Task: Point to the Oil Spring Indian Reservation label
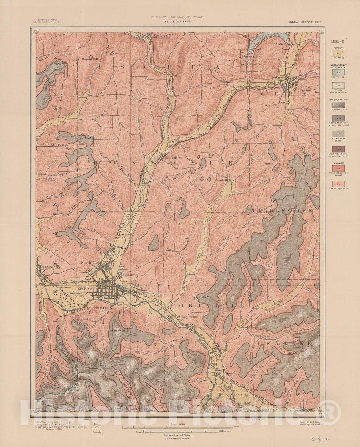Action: click(252, 60)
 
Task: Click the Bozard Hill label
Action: click(90, 59)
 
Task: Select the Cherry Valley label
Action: click(55, 145)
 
